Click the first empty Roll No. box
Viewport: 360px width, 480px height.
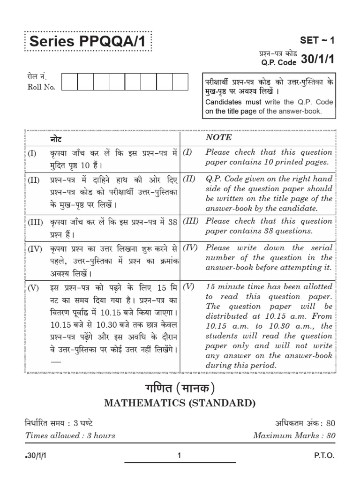(x=69, y=82)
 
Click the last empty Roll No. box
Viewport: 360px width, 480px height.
(x=179, y=82)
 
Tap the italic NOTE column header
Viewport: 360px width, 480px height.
(x=218, y=137)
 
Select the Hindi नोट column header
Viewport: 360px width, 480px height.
(x=55, y=139)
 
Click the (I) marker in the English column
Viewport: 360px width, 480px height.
(x=187, y=152)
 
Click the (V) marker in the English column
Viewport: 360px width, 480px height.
(x=188, y=286)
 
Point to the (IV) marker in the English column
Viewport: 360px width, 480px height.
(x=189, y=247)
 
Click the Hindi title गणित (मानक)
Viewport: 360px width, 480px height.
(x=180, y=389)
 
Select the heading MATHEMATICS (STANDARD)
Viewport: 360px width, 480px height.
(x=180, y=404)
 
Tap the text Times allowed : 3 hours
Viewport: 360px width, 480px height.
(x=70, y=435)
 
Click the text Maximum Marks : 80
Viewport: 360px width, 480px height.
(x=294, y=435)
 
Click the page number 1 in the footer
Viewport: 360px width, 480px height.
(x=180, y=455)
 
